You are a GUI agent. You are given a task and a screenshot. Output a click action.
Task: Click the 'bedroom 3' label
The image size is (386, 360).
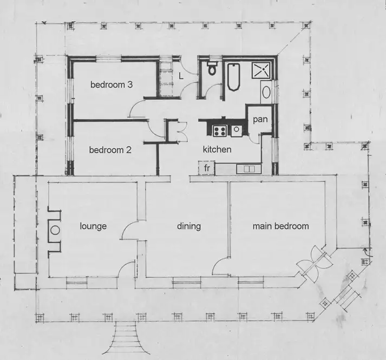(112, 85)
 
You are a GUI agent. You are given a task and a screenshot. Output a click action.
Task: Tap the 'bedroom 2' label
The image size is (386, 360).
(110, 150)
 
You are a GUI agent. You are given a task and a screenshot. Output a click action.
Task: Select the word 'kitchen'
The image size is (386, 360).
(217, 149)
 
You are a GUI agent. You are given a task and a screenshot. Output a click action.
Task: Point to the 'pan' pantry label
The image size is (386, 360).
(259, 119)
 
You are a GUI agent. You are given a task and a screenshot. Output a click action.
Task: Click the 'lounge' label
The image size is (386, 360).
(93, 226)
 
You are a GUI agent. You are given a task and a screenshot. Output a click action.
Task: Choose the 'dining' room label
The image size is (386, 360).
(189, 226)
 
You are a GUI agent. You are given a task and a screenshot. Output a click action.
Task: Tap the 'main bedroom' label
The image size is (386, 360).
(280, 226)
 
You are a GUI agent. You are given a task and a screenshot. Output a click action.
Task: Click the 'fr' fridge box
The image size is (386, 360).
(207, 168)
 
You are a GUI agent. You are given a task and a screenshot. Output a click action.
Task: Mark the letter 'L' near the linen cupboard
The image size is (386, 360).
(181, 76)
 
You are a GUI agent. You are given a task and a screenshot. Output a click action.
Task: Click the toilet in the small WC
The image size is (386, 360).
(212, 69)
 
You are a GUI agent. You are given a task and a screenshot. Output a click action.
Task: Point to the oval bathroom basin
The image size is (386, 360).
(266, 92)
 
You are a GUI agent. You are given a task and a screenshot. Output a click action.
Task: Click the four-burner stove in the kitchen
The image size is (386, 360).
(219, 130)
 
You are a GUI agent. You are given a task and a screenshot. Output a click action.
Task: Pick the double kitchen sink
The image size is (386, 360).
(248, 168)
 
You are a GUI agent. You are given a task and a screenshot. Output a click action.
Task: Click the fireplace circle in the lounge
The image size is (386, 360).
(55, 230)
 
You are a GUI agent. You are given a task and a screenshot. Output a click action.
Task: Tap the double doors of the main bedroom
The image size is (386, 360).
(313, 264)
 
